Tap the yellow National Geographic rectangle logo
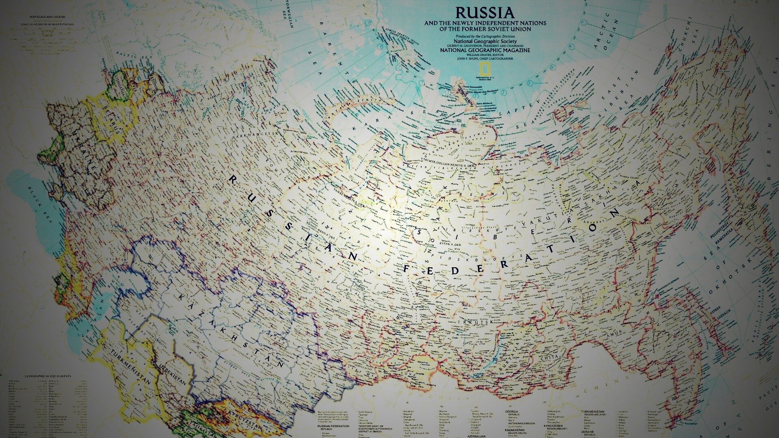point(485,69)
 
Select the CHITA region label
point(549,357)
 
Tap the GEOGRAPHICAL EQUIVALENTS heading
point(48,376)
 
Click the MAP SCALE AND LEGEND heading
point(45,17)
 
